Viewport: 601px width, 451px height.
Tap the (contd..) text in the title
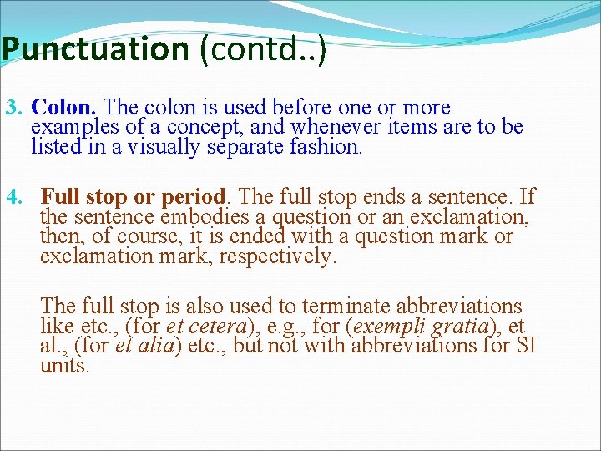[262, 50]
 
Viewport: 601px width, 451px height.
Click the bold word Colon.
[64, 108]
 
